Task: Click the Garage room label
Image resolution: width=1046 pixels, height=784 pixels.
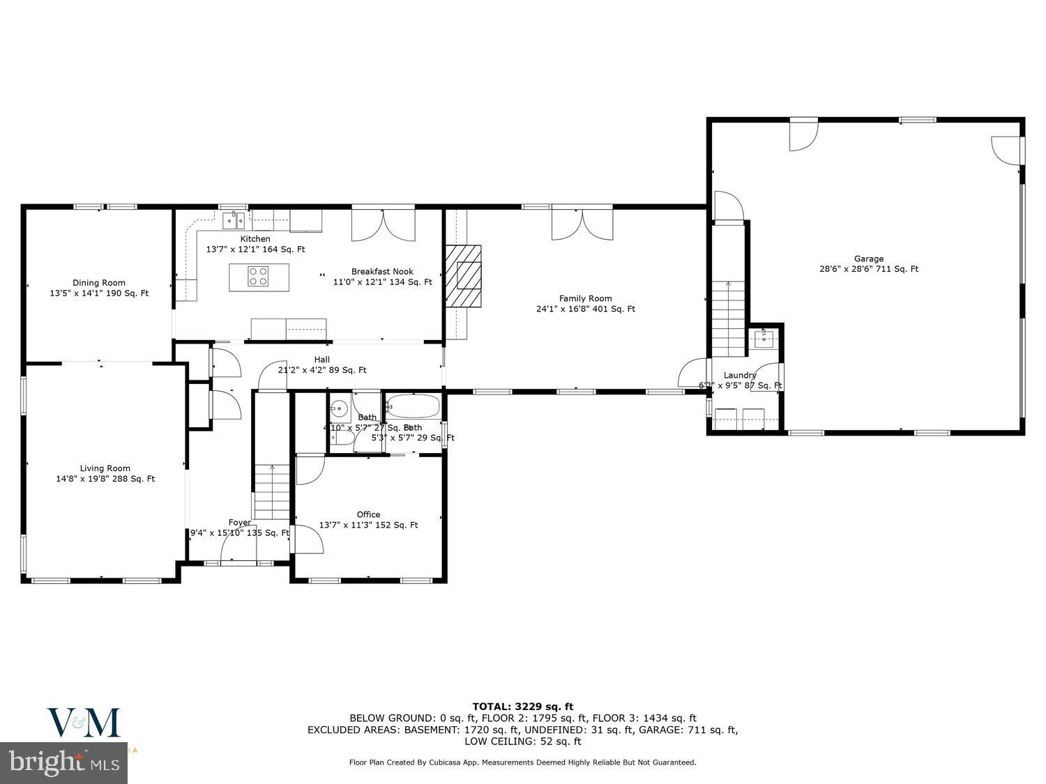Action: tap(868, 263)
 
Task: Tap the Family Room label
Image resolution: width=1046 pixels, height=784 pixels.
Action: tap(585, 304)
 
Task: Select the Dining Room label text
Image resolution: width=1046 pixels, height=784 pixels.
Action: tap(99, 288)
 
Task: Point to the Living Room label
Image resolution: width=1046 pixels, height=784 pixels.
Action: tap(105, 473)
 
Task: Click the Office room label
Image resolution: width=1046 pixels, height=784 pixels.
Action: tap(368, 520)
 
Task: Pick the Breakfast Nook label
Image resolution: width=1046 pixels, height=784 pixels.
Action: tap(382, 277)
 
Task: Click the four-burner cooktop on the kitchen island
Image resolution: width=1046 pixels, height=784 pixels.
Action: tap(258, 277)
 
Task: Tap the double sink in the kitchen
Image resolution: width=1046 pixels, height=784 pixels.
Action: tap(234, 220)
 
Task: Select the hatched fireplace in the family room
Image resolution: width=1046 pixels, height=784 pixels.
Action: tap(464, 275)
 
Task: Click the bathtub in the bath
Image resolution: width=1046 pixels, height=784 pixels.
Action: tap(412, 406)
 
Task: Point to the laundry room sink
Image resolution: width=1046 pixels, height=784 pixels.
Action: tap(764, 340)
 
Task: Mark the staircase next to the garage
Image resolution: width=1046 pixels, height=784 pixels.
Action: tap(728, 318)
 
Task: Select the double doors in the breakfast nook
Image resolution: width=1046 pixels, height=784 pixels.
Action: tap(382, 223)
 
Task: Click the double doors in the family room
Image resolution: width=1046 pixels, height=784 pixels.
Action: tap(582, 223)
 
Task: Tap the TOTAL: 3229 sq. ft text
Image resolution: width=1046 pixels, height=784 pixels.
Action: tap(522, 706)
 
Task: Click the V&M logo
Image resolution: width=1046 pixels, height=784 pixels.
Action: tap(84, 723)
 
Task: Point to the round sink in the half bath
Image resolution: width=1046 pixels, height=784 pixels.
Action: tap(340, 408)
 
